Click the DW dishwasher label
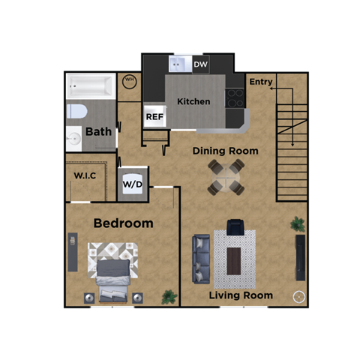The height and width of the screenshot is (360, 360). [x=200, y=65]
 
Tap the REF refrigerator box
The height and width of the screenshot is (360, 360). [x=154, y=116]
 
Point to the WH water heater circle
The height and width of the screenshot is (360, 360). [x=129, y=82]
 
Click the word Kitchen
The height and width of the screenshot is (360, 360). [x=193, y=101]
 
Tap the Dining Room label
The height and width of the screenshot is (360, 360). [x=225, y=151]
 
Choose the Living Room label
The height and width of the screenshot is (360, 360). [x=241, y=295]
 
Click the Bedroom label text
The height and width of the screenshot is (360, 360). [x=123, y=223]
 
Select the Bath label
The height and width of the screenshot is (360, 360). [x=98, y=131]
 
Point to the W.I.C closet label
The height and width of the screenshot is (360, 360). [x=85, y=175]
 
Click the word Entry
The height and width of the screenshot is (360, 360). [x=261, y=82]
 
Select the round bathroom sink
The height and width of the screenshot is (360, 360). [x=73, y=139]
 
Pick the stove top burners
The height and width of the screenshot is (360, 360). [x=235, y=98]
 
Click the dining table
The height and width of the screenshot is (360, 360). [x=226, y=178]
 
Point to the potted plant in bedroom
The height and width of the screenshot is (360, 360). [x=169, y=296]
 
